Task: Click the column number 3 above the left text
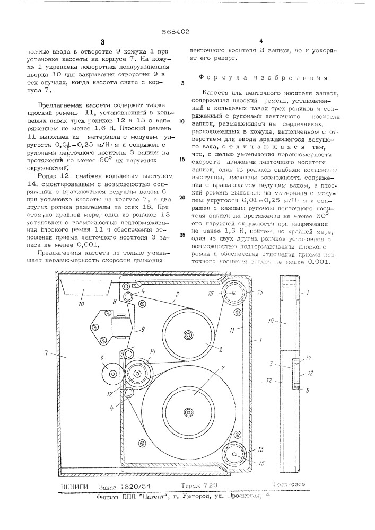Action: point(104,42)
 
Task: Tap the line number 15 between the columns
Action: point(182,158)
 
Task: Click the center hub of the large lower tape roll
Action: point(188,411)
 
